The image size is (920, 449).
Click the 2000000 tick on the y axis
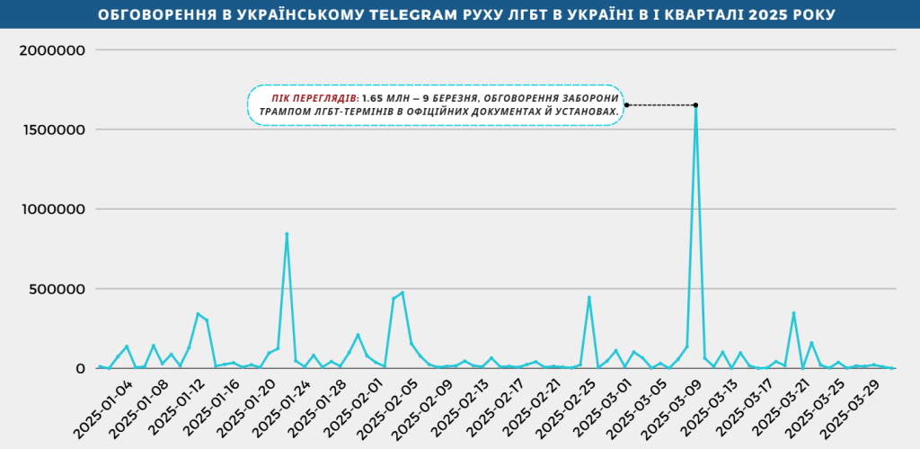pos(51,49)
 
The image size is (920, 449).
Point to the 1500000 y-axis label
pos(51,130)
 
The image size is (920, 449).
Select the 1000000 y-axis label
pos(51,210)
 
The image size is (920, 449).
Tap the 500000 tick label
pos(57,289)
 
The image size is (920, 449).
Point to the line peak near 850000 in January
pos(287,234)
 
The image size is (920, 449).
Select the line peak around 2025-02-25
pos(589,297)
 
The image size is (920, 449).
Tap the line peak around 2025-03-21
pos(793,313)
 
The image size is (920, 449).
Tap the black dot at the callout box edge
pos(626,105)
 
